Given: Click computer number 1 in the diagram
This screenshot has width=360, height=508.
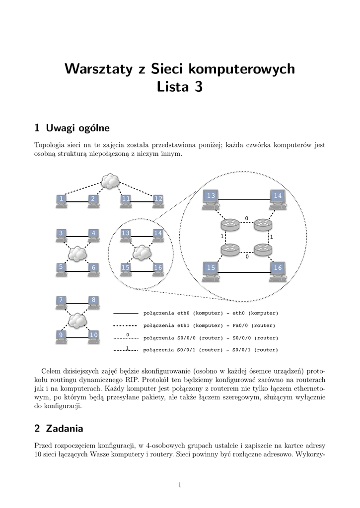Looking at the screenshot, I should (x=61, y=200).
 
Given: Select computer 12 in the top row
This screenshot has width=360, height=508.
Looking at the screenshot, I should (x=158, y=200).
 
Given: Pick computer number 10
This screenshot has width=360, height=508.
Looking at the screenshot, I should (x=93, y=336).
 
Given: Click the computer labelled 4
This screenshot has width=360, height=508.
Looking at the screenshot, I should (x=93, y=234).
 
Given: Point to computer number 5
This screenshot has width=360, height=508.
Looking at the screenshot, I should (x=61, y=268).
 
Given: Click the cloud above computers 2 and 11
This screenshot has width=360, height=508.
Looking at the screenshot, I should (x=109, y=182).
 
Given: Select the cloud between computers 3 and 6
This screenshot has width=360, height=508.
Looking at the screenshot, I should (x=77, y=254).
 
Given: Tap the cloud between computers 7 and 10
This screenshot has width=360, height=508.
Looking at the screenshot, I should (x=77, y=320).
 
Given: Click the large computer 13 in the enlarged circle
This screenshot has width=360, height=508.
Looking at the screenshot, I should (x=212, y=197).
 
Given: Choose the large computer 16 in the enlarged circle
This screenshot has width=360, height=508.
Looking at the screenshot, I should (x=277, y=269).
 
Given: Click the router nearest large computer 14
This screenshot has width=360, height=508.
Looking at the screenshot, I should (x=262, y=225).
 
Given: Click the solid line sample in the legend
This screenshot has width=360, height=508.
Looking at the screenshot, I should (x=126, y=314).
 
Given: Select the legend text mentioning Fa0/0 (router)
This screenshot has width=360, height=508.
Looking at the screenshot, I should (x=209, y=325).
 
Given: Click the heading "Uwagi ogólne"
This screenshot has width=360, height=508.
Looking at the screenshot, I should (x=77, y=128).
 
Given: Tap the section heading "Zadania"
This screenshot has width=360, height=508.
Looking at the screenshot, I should (x=64, y=428).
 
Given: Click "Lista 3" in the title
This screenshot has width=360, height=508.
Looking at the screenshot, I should (x=180, y=88).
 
